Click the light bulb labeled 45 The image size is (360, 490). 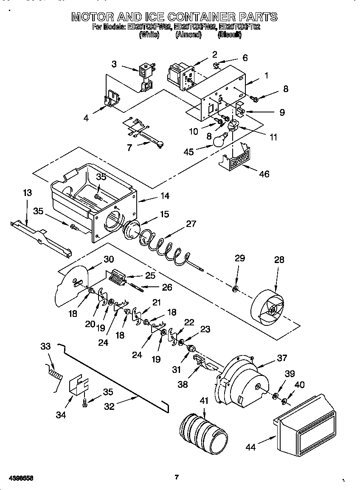(x=219, y=141)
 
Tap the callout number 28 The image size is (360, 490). (x=279, y=260)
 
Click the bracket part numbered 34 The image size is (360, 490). (x=79, y=384)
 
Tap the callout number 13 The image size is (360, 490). (x=27, y=193)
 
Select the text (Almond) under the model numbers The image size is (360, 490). (x=188, y=35)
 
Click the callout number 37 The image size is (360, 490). (x=282, y=358)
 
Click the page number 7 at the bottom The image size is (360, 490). (x=176, y=477)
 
